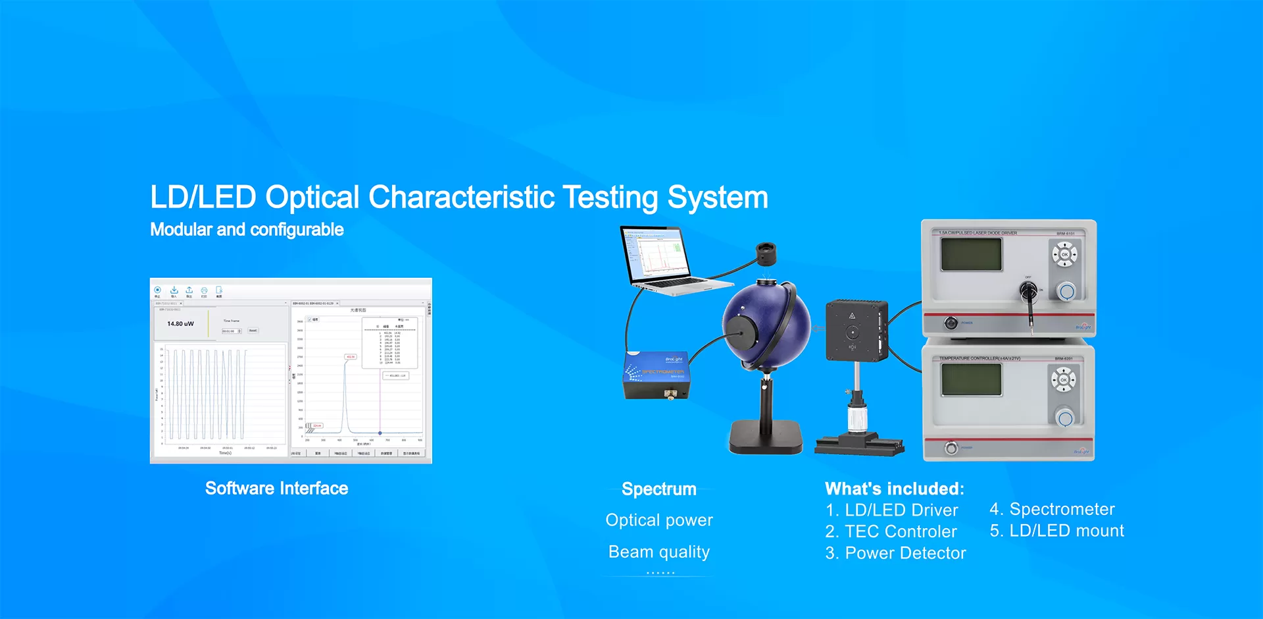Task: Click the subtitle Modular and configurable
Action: [247, 230]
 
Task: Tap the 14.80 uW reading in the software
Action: [180, 324]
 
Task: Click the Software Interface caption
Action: [276, 489]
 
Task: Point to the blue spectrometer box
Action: [656, 375]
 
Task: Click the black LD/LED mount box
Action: [856, 330]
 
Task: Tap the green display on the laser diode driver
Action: [971, 254]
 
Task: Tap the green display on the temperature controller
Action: [971, 379]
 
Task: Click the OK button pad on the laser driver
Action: [1064, 254]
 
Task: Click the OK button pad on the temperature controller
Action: [1063, 380]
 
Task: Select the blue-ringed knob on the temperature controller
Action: [1064, 417]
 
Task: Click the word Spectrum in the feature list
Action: [659, 489]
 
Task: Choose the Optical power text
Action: [659, 520]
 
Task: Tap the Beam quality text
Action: [659, 552]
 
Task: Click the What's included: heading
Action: [895, 489]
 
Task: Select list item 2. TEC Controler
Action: [891, 531]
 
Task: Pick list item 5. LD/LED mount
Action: [1056, 531]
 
